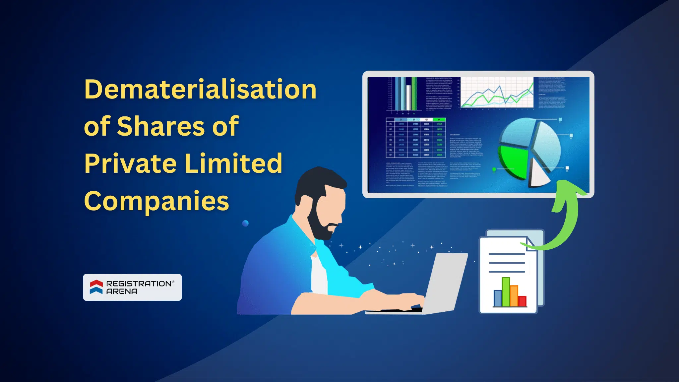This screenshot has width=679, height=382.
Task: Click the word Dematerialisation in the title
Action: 200,90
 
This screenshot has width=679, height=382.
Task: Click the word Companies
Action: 156,201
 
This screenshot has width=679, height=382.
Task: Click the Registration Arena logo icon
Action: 96,287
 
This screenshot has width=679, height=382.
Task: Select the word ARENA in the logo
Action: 122,291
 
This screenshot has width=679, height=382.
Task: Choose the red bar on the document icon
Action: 523,301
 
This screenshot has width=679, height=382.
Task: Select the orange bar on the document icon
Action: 514,296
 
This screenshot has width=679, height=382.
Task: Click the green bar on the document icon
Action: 506,292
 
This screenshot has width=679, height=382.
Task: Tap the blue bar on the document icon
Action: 497,298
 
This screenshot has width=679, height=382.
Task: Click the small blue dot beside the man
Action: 245,223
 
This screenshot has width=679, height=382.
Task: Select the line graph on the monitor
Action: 497,93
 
